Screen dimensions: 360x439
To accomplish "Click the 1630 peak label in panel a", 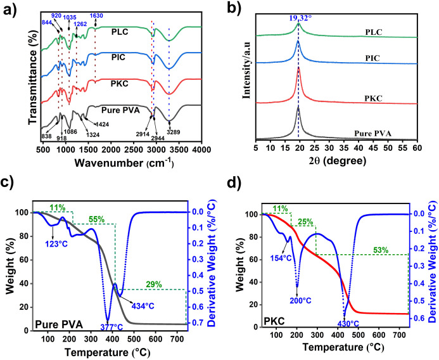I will [x=97, y=15].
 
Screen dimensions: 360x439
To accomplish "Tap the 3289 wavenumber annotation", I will [x=169, y=132].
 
